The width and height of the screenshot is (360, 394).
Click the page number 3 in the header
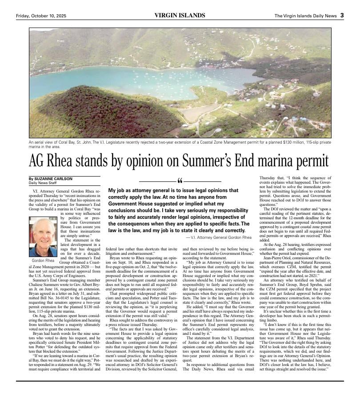pos(342,15)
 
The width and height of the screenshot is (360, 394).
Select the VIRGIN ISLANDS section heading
pos(180,15)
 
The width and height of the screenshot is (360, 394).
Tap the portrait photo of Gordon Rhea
pos(43,237)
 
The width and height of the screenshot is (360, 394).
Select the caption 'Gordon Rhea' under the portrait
pos(43,260)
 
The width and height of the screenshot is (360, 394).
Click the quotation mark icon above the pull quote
pos(180,182)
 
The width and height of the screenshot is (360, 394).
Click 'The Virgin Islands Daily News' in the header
pos(305,16)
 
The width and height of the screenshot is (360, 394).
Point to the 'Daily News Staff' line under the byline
pos(43,183)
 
